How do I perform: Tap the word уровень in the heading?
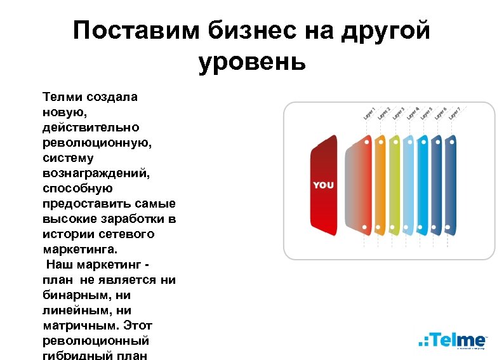pos(252,62)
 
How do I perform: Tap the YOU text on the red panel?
pos(323,185)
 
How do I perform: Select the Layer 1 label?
pos(369,112)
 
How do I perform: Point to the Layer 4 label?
pos(413,112)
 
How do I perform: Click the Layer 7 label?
pos(454,112)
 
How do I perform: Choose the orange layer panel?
pos(380,184)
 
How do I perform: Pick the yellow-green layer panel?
pos(394,184)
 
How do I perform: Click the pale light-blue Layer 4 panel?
pos(409,184)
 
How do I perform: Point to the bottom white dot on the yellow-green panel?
pos(394,227)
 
